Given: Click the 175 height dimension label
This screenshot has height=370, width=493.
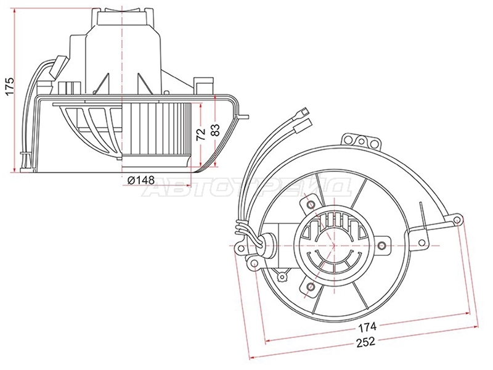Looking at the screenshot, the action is point(10,85).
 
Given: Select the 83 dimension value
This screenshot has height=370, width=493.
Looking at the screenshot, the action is point(215,130).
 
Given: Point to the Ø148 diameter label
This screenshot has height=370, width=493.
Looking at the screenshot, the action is point(141,180).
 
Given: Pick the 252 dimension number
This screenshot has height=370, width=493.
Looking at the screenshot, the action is point(366,342).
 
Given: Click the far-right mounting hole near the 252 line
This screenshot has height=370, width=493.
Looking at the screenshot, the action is point(457,219).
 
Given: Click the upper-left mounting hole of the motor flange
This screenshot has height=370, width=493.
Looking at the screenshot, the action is point(311,205).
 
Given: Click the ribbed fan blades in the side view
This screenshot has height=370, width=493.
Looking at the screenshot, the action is point(157,128).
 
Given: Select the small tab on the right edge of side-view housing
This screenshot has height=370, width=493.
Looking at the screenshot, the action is point(243,117).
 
